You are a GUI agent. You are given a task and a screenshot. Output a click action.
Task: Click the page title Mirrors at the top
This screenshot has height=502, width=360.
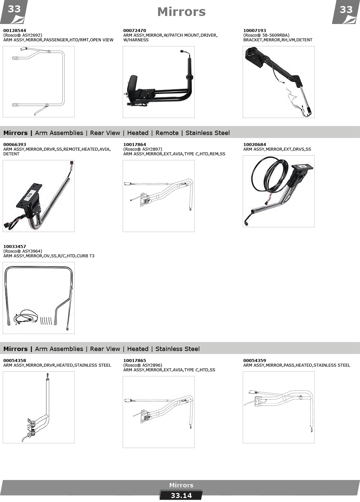181,12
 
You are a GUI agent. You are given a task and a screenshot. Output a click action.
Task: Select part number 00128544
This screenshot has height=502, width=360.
15,30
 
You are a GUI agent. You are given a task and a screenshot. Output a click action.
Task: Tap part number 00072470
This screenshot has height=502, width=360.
134,30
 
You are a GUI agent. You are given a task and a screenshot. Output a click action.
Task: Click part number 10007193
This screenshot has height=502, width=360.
255,30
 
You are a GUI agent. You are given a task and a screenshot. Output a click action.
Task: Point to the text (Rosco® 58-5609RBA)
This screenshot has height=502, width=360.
266,35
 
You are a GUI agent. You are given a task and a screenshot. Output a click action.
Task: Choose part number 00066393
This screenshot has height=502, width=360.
15,145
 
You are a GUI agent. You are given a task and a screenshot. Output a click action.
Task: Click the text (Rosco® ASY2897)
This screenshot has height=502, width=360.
143,149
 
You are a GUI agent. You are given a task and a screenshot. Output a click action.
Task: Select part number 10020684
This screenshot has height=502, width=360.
255,145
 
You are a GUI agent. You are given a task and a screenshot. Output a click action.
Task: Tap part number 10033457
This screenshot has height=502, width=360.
15,247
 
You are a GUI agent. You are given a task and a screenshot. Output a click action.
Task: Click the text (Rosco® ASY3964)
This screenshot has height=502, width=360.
23,251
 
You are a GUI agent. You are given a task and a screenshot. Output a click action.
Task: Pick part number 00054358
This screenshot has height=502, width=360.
15,361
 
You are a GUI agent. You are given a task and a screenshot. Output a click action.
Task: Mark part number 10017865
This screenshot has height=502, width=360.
134,361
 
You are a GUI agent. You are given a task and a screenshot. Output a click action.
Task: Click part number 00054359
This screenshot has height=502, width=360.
255,361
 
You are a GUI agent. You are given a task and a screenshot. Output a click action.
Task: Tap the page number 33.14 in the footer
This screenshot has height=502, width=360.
181,496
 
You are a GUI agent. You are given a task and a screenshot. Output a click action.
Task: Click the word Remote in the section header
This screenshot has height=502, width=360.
167,133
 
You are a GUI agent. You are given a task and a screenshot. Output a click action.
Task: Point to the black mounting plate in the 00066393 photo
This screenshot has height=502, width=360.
29,195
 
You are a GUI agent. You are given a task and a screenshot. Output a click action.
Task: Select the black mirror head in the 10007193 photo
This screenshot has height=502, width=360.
255,57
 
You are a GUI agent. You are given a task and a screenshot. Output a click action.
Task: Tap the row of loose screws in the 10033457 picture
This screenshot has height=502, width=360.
46,320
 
